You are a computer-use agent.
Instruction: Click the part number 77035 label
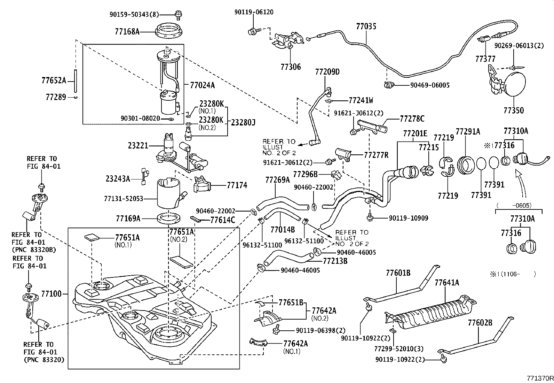pos(366,26)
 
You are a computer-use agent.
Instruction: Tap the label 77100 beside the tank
pos(51,294)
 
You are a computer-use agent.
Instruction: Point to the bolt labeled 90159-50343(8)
pos(178,14)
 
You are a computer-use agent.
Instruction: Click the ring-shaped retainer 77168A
pos(169,31)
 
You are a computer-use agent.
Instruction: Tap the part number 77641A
pos(446,283)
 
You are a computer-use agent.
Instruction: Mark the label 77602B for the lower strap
pos(480,323)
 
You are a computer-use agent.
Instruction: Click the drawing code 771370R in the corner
pos(539,378)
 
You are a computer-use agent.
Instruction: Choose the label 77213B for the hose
pos(335,261)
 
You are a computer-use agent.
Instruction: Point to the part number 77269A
pos(277,180)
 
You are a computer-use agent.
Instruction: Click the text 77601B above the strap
pos(398,273)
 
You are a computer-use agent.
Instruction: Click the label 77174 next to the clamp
pos(237,185)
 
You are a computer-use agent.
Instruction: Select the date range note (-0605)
pos(518,205)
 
